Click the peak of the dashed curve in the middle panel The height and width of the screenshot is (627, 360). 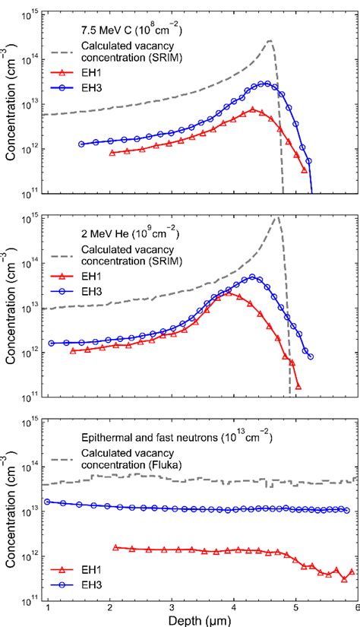[x=276, y=217]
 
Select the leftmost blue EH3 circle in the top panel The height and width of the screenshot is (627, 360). [x=81, y=144]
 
